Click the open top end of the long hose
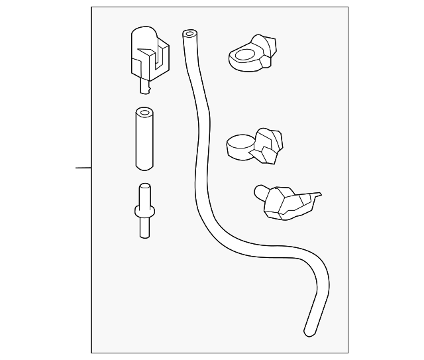[x=189, y=33]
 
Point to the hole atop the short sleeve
[x=145, y=111]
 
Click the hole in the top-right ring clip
[x=244, y=55]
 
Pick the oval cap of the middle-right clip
[x=238, y=143]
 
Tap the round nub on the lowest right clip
[x=260, y=192]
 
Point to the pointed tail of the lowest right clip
[x=318, y=195]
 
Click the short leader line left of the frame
[x=83, y=168]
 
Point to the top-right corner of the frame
[x=348, y=7]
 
